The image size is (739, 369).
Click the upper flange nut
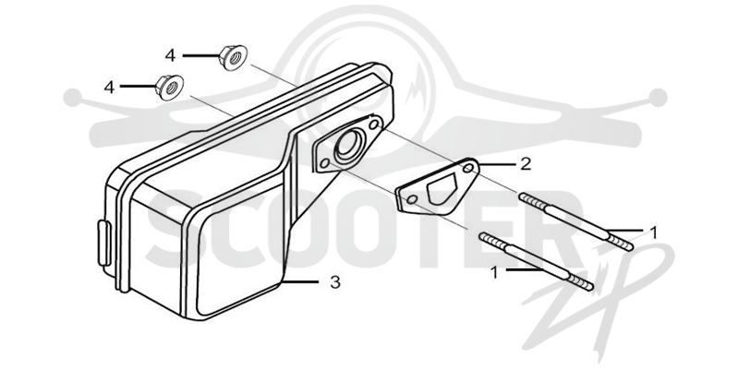point(234,57)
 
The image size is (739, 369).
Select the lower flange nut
point(170,87)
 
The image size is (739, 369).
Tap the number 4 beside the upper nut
point(170,55)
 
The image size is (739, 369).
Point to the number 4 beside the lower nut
point(109,87)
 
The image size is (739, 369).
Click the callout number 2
point(526,164)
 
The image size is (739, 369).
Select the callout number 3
point(334,282)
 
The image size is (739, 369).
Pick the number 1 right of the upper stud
point(653,232)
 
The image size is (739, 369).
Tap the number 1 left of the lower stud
point(494,272)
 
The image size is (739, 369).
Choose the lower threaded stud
point(536,262)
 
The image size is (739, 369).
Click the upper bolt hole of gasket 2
point(468,169)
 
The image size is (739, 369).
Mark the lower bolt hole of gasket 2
point(411,199)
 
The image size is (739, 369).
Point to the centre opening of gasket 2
point(442,188)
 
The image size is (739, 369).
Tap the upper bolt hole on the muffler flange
point(375,125)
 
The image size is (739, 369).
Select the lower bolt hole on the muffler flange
point(324,163)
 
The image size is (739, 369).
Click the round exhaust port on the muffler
point(349,144)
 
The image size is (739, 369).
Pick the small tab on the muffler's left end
point(103,244)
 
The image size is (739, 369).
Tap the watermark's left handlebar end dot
point(72,98)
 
